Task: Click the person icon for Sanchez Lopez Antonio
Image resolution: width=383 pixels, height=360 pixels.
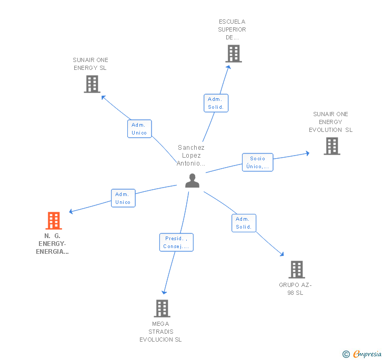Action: tap(192, 181)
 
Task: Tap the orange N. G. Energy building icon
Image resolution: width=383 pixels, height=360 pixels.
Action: tap(54, 221)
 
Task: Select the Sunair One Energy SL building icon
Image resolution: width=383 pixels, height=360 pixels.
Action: tap(92, 84)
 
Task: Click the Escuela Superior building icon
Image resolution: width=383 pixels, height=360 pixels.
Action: tap(233, 54)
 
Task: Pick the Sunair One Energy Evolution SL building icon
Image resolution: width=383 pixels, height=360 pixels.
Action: tap(331, 146)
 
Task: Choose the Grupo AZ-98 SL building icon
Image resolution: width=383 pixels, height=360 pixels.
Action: tap(297, 270)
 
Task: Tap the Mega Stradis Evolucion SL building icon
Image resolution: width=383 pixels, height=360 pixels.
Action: tap(162, 308)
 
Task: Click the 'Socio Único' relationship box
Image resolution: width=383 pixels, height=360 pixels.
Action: tap(257, 162)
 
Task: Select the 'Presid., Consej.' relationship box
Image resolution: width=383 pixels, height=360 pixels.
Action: tap(176, 242)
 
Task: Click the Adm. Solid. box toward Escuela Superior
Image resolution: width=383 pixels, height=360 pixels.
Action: tap(216, 103)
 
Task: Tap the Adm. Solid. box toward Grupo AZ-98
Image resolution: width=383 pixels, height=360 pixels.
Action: tap(244, 223)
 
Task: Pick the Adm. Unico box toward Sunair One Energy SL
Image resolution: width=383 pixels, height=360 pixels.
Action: tap(139, 129)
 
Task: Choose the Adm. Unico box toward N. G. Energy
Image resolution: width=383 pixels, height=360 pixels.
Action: tap(123, 198)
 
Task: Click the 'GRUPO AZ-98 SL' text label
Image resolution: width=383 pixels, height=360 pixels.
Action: tap(295, 289)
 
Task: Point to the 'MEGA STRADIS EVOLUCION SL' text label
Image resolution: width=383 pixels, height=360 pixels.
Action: tap(160, 332)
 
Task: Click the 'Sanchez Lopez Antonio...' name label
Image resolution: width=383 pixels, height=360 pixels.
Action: tap(191, 156)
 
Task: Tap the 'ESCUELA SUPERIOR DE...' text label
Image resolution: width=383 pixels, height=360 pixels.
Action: tap(232, 29)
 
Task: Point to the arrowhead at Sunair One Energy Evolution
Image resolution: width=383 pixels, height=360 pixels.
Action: tap(308, 153)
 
